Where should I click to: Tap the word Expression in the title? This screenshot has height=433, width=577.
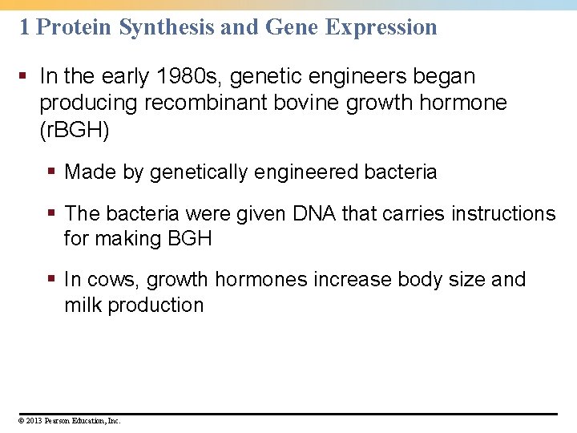[381, 26]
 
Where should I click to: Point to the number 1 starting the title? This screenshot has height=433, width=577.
[24, 26]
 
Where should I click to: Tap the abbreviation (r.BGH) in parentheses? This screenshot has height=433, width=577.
[74, 129]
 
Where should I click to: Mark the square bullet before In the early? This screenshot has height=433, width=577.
[25, 77]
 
